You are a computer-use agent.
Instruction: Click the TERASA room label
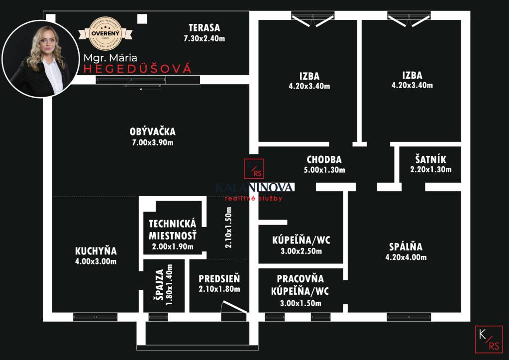point(204,28)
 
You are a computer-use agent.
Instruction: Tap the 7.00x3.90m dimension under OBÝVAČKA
point(152,142)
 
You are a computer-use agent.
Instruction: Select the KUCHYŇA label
point(96,250)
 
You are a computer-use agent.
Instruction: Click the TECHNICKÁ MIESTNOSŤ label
point(173,230)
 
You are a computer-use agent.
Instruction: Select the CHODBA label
point(324,160)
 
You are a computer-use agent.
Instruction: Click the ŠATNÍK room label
point(430,160)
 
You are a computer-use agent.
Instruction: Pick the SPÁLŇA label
point(406,246)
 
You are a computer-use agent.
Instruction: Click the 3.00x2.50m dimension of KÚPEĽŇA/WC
point(301,251)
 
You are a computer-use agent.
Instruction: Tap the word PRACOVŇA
point(300,279)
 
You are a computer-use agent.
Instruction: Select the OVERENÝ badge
point(104,33)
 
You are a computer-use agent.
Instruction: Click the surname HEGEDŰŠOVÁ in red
point(137,69)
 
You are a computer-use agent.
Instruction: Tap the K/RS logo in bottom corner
point(488,339)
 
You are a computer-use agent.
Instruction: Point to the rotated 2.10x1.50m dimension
point(228,229)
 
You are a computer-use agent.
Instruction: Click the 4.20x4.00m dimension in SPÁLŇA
point(406,257)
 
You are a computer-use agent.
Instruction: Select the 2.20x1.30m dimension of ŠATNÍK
point(430,170)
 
